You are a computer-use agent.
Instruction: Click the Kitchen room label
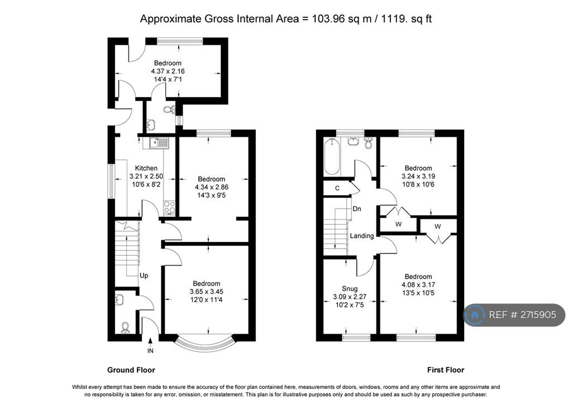(146, 168)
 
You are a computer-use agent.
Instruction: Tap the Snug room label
(350, 289)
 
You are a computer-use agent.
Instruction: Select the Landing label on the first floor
(362, 236)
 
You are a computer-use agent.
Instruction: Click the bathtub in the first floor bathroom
(332, 156)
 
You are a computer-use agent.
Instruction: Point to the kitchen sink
(159, 142)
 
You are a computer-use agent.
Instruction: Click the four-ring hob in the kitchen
(169, 207)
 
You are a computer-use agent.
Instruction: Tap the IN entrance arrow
(150, 341)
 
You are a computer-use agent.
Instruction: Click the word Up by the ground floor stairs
(144, 275)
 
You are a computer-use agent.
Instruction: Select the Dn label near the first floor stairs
(357, 209)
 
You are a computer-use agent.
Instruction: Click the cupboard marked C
(337, 188)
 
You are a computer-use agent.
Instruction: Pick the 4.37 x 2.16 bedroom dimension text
(168, 71)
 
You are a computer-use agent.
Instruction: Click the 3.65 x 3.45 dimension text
(207, 292)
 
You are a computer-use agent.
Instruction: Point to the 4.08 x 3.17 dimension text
(418, 284)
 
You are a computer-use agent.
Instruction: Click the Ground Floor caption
(131, 370)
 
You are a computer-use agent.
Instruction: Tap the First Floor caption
(446, 370)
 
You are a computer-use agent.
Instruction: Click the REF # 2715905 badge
(514, 315)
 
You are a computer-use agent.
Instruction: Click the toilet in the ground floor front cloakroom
(125, 327)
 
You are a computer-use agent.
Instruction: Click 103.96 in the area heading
(328, 18)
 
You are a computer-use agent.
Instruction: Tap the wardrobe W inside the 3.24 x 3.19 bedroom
(398, 224)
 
